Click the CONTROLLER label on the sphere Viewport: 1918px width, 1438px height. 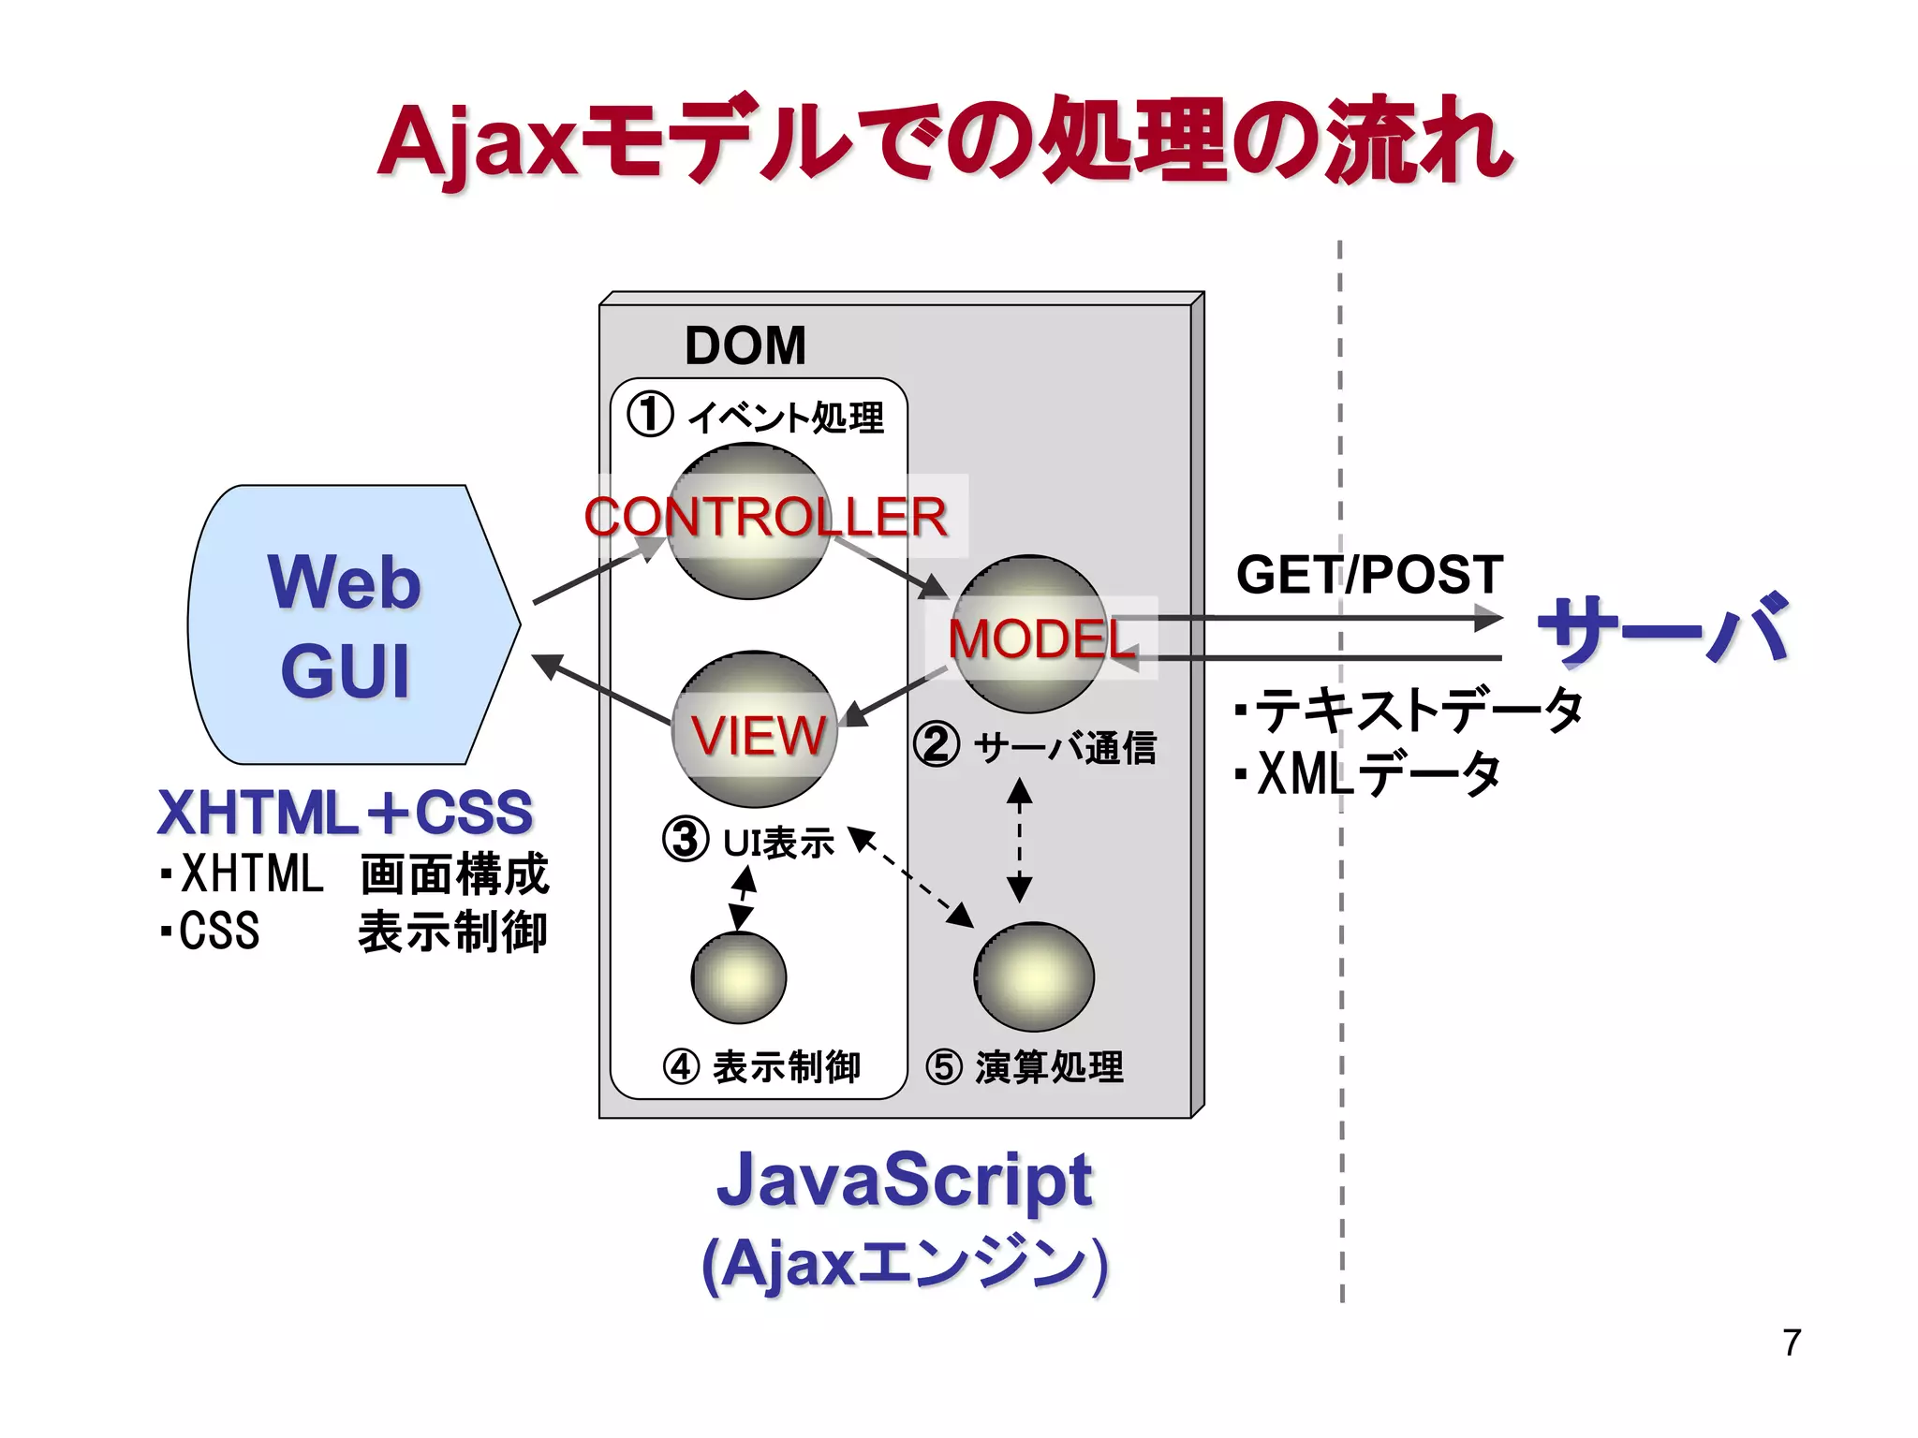click(x=765, y=517)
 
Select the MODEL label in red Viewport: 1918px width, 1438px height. click(x=1041, y=639)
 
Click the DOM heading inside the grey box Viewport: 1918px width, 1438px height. click(x=745, y=345)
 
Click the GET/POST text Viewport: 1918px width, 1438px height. click(x=1369, y=574)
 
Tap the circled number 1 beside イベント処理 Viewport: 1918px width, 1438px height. click(x=650, y=414)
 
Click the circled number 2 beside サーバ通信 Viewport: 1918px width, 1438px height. click(x=937, y=745)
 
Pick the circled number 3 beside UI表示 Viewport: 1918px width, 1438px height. click(x=686, y=840)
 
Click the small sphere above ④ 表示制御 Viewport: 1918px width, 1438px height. click(x=739, y=978)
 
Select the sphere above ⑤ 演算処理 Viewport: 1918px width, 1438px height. click(x=1034, y=976)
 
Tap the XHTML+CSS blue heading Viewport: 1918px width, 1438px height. click(x=345, y=812)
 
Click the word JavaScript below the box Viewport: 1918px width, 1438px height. click(x=904, y=1180)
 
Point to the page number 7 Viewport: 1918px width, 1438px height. click(x=1791, y=1343)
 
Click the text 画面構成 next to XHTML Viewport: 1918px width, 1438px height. click(x=454, y=874)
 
